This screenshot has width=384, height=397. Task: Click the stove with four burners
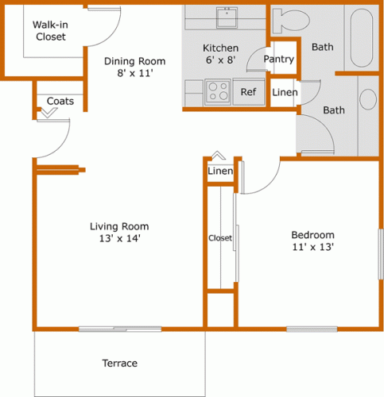click(217, 92)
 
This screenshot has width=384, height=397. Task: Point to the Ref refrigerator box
click(249, 92)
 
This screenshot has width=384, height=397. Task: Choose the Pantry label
click(278, 60)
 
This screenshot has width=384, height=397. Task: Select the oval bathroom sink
click(368, 99)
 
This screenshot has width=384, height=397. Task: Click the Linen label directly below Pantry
click(285, 93)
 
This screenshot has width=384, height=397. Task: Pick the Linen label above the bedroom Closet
click(220, 172)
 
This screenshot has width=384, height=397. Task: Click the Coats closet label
click(60, 101)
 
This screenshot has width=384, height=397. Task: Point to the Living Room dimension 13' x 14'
click(118, 237)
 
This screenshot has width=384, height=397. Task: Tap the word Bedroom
click(312, 235)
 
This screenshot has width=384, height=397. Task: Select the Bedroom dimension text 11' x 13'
click(312, 247)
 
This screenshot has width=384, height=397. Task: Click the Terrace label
click(119, 364)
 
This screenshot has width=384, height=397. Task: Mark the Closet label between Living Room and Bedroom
click(219, 238)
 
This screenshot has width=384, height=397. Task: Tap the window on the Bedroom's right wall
click(379, 254)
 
